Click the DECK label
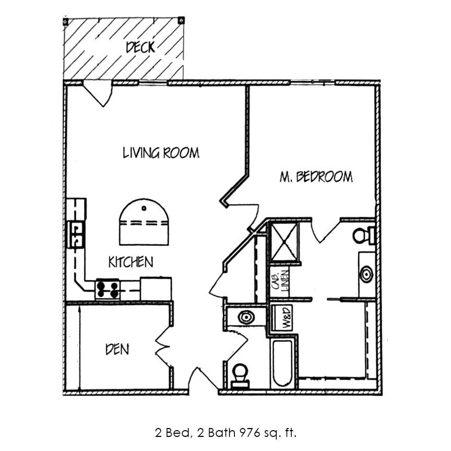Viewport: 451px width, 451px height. click(140, 48)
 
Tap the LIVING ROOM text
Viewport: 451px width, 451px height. click(161, 153)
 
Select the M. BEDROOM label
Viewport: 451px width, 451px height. click(316, 177)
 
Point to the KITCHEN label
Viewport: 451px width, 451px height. click(130, 262)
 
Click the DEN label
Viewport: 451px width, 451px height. click(117, 349)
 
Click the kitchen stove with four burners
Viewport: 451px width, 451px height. click(108, 289)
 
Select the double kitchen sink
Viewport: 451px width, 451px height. click(77, 234)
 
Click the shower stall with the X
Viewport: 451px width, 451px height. click(285, 241)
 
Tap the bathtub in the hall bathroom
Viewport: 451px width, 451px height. click(282, 363)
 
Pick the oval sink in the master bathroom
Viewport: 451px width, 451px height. click(366, 274)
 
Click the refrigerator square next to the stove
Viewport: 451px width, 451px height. click(156, 289)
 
